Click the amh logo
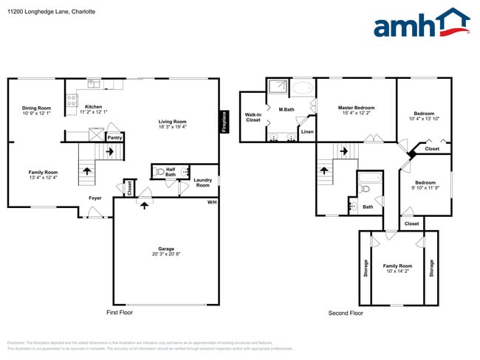422,24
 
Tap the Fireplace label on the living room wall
224,122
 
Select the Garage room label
165,249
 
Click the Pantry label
114,137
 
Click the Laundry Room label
202,182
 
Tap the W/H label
212,202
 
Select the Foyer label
95,198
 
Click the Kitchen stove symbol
72,100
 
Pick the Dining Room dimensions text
37,114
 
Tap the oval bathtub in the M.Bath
303,89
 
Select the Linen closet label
307,132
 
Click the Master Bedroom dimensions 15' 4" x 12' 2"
357,113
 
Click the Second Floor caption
346,313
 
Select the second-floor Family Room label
397,266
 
